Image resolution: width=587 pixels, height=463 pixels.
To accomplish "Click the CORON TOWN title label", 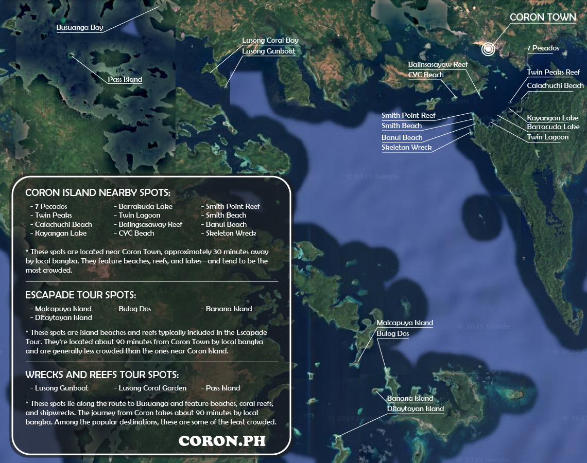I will click(x=543, y=17).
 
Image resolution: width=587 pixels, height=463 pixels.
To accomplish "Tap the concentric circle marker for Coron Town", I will click(x=488, y=49).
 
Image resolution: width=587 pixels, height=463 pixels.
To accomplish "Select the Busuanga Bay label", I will click(x=80, y=28).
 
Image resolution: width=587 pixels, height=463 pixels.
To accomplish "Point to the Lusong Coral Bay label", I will click(x=270, y=41).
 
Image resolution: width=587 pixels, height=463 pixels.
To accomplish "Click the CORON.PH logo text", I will click(x=222, y=441).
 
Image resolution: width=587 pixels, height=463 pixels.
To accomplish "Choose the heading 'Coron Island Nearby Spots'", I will click(x=98, y=193).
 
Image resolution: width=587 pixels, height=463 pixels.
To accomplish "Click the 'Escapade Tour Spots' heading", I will click(x=81, y=295).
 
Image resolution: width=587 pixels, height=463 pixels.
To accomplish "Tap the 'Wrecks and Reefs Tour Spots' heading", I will click(x=102, y=375).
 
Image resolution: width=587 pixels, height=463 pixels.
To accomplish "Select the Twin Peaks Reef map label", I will click(x=554, y=73).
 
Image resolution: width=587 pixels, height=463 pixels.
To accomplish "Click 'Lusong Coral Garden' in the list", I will click(x=152, y=388).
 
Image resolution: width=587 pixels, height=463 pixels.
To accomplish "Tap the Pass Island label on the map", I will click(x=125, y=79).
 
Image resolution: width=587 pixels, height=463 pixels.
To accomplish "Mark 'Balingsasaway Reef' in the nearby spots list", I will click(x=150, y=224).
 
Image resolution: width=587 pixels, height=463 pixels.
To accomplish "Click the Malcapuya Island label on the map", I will click(x=405, y=323).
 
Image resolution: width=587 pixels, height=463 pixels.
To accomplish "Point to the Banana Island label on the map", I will click(x=410, y=399).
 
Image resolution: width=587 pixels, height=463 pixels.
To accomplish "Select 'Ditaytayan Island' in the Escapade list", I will click(x=63, y=317).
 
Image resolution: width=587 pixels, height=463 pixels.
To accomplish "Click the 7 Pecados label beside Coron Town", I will click(x=543, y=48).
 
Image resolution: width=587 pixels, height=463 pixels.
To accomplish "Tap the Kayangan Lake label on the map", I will click(x=553, y=118).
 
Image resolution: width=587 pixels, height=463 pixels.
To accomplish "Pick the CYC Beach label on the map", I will click(x=426, y=75).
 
